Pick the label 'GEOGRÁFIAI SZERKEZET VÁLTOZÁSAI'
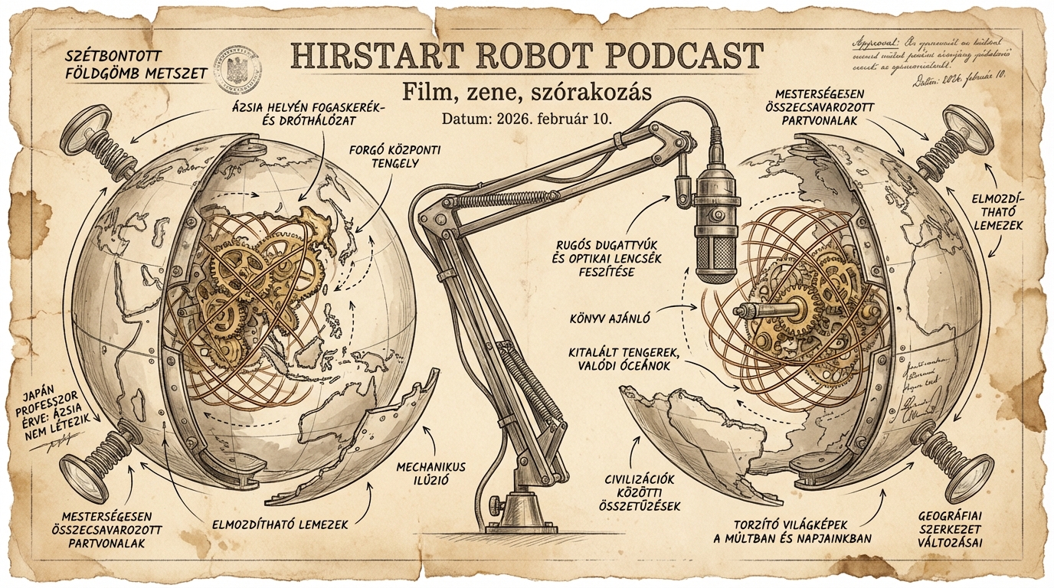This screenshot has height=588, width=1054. (951, 528)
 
